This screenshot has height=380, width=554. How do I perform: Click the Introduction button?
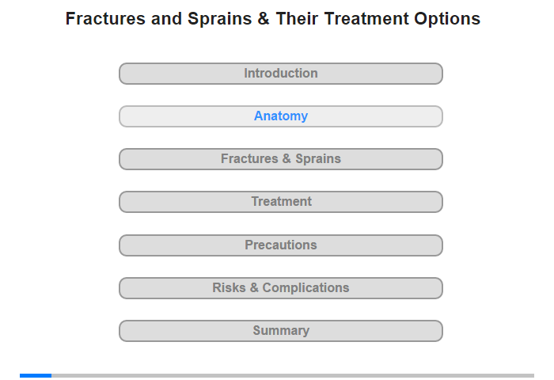coord(281,74)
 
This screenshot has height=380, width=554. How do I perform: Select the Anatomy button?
coord(281,116)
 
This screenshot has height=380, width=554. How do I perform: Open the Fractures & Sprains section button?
coord(281,159)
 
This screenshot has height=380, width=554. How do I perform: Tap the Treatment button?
coord(281,202)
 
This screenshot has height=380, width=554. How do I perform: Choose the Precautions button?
coord(281,245)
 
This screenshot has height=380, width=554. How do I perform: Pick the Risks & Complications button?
coord(281,288)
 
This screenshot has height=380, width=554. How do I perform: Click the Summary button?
coord(281,331)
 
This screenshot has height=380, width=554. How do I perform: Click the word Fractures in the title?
coord(105,19)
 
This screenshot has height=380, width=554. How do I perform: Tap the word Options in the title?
coord(447,20)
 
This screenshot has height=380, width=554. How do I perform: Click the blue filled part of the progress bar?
coord(36,375)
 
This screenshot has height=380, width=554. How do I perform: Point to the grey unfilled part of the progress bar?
coord(293,375)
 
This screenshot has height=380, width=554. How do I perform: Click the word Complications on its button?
coord(305,288)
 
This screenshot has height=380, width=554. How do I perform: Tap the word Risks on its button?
coord(229,287)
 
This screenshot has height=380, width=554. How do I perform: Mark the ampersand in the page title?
coord(264,19)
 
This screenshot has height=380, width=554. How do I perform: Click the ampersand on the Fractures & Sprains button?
coord(286,158)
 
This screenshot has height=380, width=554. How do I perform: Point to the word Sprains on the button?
coord(318,159)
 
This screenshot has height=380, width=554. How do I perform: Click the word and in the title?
coord(166,19)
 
